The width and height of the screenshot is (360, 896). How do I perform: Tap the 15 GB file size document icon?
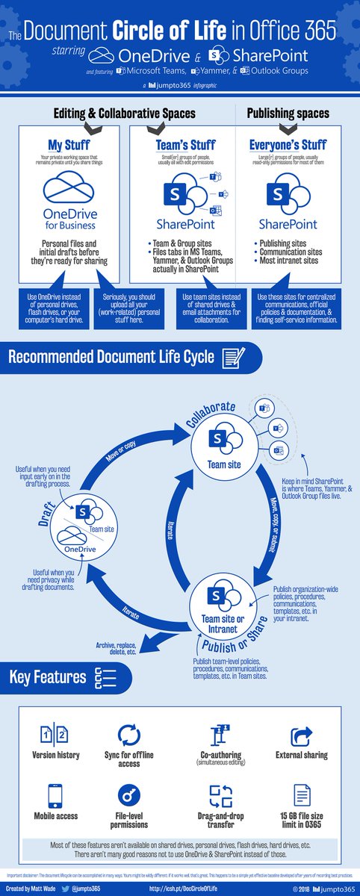[x=302, y=794]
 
